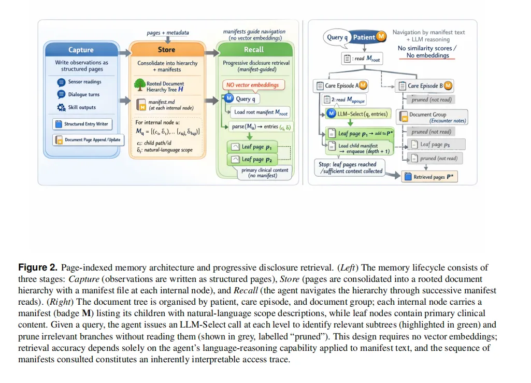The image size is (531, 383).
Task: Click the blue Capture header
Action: pyautogui.click(x=81, y=50)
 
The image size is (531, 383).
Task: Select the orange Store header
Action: pyautogui.click(x=166, y=50)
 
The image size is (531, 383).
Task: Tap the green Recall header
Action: pyautogui.click(x=254, y=50)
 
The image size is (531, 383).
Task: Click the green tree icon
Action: pyautogui.click(x=138, y=85)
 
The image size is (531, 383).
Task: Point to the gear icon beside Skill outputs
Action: pyautogui.click(x=61, y=107)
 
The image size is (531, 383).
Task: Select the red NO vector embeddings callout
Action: pyautogui.click(x=252, y=84)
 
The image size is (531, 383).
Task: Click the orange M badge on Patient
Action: pyautogui.click(x=381, y=36)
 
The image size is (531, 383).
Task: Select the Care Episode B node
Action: pyautogui.click(x=424, y=86)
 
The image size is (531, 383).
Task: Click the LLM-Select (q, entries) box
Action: pyautogui.click(x=357, y=114)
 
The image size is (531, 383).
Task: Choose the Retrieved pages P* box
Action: pyautogui.click(x=429, y=177)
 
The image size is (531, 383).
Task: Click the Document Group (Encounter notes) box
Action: pyautogui.click(x=432, y=117)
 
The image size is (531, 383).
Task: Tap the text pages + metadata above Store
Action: pyautogui.click(x=168, y=33)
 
